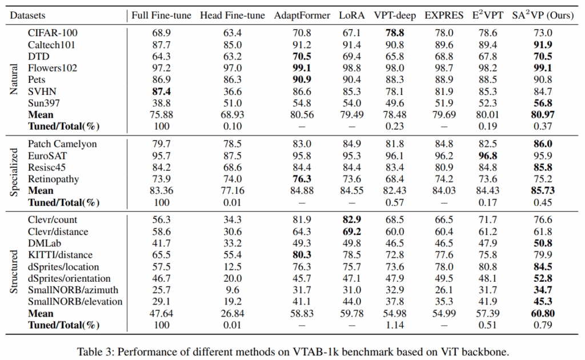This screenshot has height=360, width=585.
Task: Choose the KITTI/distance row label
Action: (x=60, y=255)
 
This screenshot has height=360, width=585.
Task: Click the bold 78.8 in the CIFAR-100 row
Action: (x=395, y=33)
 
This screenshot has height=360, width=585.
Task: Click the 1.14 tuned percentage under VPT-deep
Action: (x=395, y=325)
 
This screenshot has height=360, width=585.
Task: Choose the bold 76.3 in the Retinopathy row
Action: (x=302, y=179)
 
